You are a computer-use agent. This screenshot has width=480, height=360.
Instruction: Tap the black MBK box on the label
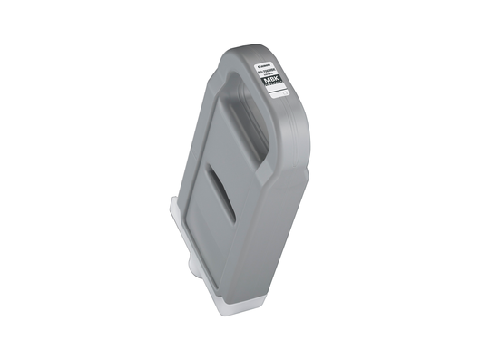coord(274,81)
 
